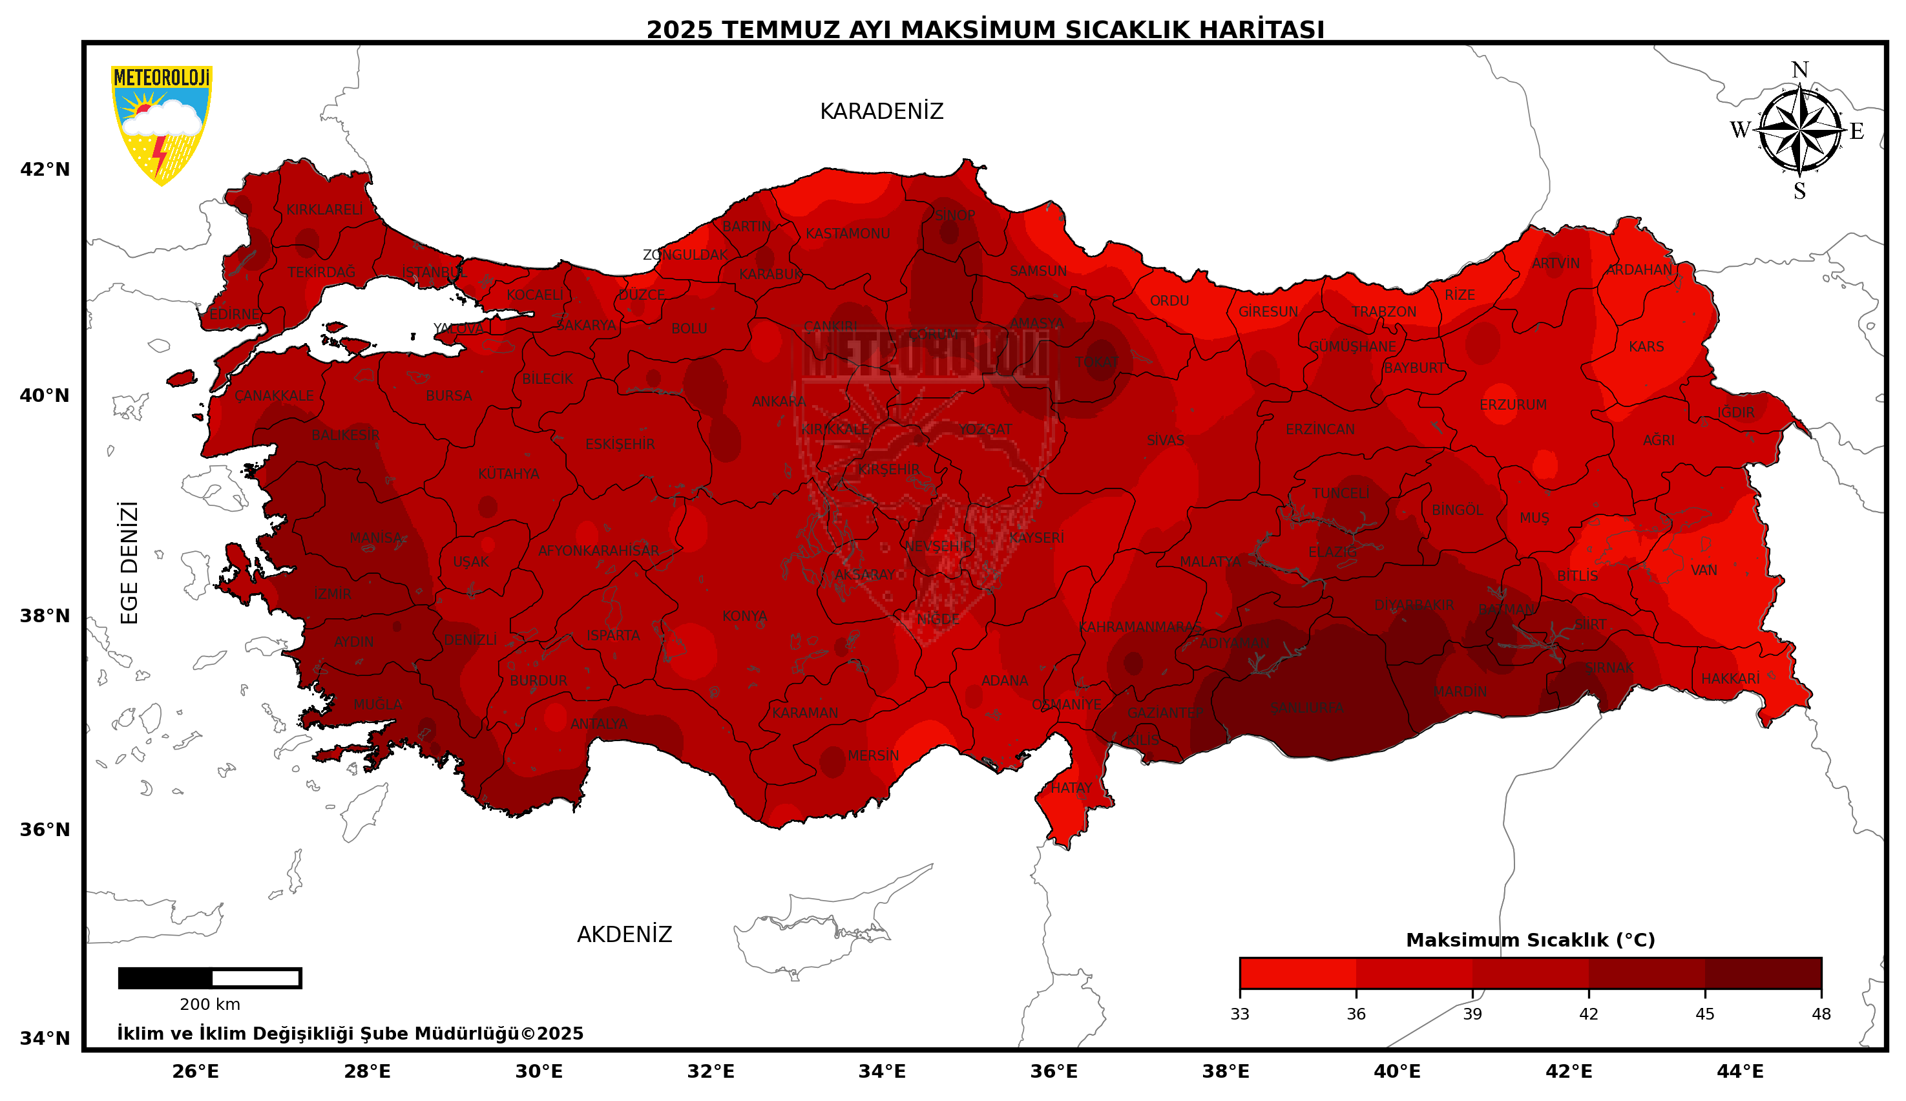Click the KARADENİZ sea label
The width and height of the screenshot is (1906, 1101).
(x=881, y=112)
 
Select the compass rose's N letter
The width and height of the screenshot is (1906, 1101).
(x=1799, y=70)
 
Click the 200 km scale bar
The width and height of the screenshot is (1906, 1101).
(x=209, y=978)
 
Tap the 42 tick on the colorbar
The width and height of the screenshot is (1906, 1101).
(x=1589, y=1013)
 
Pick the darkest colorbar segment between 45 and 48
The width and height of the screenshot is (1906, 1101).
(x=1763, y=972)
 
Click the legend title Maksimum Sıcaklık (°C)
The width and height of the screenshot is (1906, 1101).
(x=1529, y=940)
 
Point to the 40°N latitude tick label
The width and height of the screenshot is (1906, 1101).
(x=45, y=395)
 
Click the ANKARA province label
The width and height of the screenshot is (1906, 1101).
(x=778, y=401)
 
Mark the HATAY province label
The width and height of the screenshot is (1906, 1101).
(x=1071, y=788)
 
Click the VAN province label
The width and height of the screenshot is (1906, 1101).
(x=1703, y=570)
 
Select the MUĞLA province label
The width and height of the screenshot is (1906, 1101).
(x=377, y=704)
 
